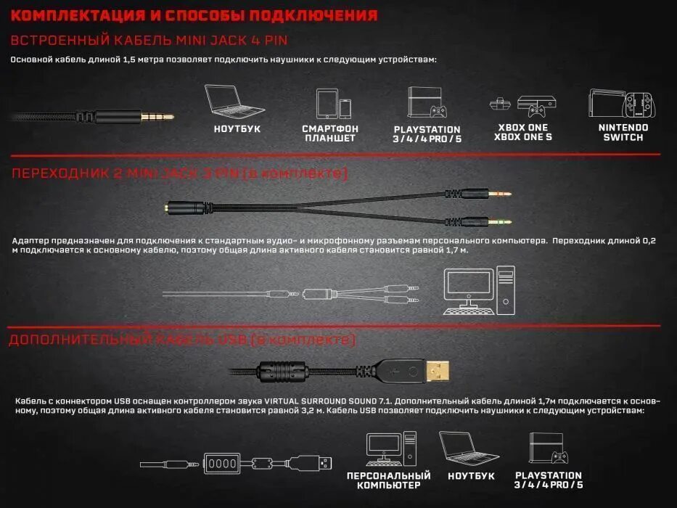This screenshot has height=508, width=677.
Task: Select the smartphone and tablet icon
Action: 333,104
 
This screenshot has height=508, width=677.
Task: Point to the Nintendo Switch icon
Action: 623,105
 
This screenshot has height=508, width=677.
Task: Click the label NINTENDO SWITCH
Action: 623,132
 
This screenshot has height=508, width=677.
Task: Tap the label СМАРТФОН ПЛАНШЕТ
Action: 330,133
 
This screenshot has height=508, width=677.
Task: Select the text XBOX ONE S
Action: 523,137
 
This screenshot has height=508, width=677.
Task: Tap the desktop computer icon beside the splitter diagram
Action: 479,290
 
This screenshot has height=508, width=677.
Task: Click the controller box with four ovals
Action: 221,462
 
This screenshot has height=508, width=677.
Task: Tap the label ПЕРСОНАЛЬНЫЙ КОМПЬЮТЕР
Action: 388,480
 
